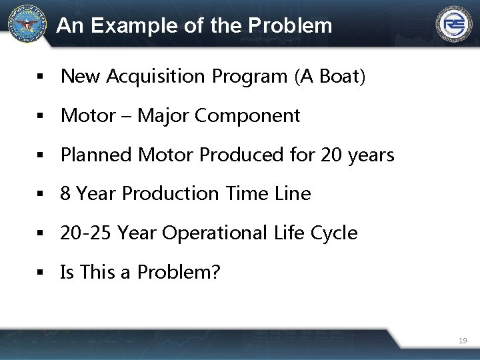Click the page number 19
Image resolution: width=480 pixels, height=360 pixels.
(463, 341)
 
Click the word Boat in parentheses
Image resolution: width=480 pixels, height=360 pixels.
(339, 77)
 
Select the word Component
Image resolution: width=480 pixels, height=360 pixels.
(247, 116)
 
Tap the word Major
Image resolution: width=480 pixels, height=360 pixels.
(163, 116)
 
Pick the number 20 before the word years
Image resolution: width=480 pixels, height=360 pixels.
(331, 155)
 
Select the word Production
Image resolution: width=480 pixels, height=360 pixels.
(171, 194)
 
